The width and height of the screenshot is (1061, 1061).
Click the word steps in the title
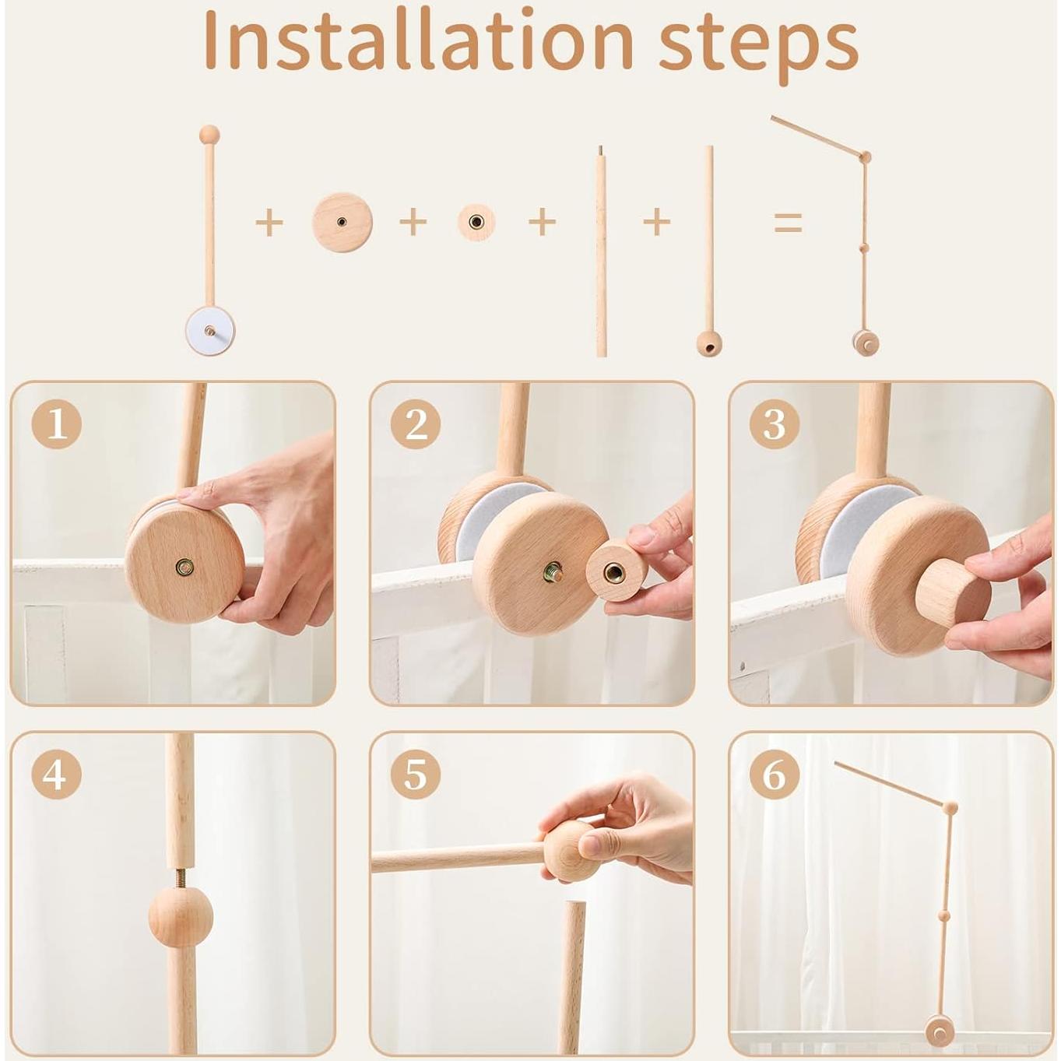tap(758, 50)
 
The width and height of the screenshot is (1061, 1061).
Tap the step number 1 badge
tap(57, 424)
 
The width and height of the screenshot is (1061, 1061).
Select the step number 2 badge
tap(416, 424)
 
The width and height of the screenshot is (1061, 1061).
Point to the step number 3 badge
tap(774, 424)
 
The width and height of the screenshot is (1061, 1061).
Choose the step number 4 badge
tap(57, 775)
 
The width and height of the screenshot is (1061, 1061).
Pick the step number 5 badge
tap(416, 775)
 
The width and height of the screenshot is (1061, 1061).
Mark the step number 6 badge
tap(774, 775)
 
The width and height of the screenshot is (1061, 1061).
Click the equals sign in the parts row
tap(788, 223)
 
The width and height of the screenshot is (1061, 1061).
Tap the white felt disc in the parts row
tap(209, 331)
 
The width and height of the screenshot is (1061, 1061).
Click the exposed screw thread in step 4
tap(181, 880)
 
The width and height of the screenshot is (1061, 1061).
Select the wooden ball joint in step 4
tap(181, 918)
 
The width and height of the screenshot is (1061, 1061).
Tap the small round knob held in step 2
tap(617, 571)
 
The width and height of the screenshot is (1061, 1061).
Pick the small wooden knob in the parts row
tap(476, 223)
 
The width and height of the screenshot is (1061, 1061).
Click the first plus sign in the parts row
tap(269, 223)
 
